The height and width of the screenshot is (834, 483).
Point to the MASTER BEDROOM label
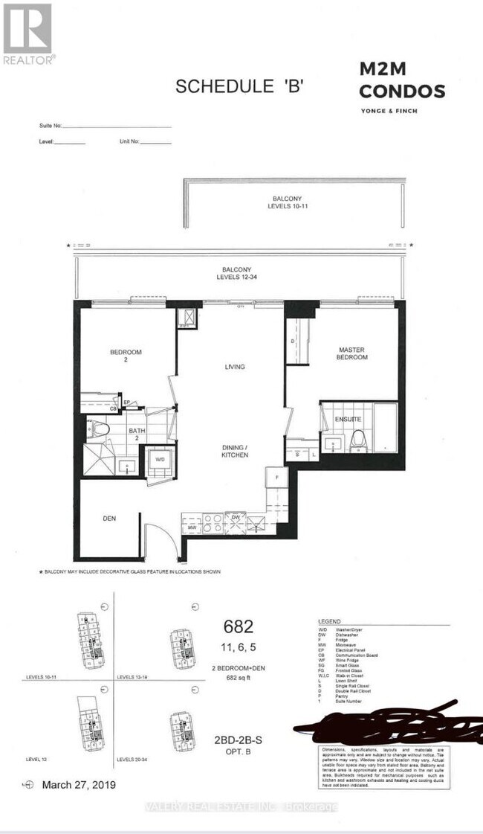(x=352, y=353)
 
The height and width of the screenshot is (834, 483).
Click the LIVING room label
(x=235, y=367)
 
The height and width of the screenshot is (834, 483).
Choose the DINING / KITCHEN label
(x=237, y=451)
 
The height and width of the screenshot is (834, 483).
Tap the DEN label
(x=111, y=519)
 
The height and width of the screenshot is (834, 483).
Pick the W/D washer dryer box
(x=161, y=459)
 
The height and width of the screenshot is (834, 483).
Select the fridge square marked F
(x=277, y=477)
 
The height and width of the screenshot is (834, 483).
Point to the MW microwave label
(x=192, y=527)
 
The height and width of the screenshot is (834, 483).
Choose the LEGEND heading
(x=329, y=620)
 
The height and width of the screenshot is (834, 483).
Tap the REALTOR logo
(x=27, y=34)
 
